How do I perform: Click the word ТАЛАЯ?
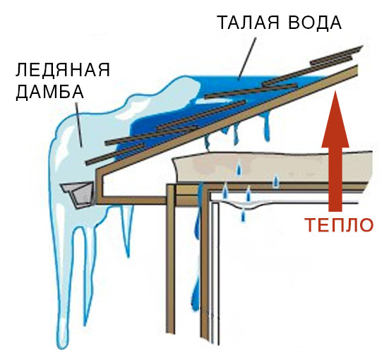click(249, 23)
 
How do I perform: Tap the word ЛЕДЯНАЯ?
click(63, 70)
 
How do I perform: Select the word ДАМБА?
click(50, 92)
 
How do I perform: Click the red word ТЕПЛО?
click(339, 224)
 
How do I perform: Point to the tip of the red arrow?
click(335, 91)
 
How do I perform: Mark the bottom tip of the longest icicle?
click(63, 348)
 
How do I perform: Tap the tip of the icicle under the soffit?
click(128, 257)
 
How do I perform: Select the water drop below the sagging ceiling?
click(244, 215)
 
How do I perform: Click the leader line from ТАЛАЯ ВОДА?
click(246, 59)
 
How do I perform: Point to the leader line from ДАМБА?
click(79, 124)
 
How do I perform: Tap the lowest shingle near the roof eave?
click(114, 155)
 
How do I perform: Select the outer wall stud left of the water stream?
click(172, 259)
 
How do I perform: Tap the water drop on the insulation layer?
click(239, 169)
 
